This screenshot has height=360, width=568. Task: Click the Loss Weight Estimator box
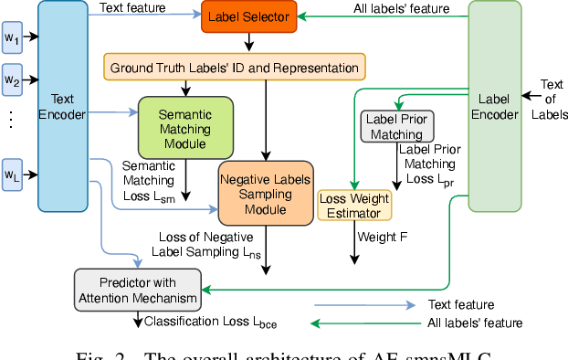coord(354,206)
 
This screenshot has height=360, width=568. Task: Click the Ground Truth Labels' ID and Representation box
coord(234,68)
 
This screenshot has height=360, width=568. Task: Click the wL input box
coord(11,174)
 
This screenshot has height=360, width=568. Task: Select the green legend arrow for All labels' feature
coord(352,323)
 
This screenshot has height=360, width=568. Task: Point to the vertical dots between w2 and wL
coord(11,119)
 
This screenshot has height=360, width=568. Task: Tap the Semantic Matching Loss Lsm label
coord(151,181)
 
